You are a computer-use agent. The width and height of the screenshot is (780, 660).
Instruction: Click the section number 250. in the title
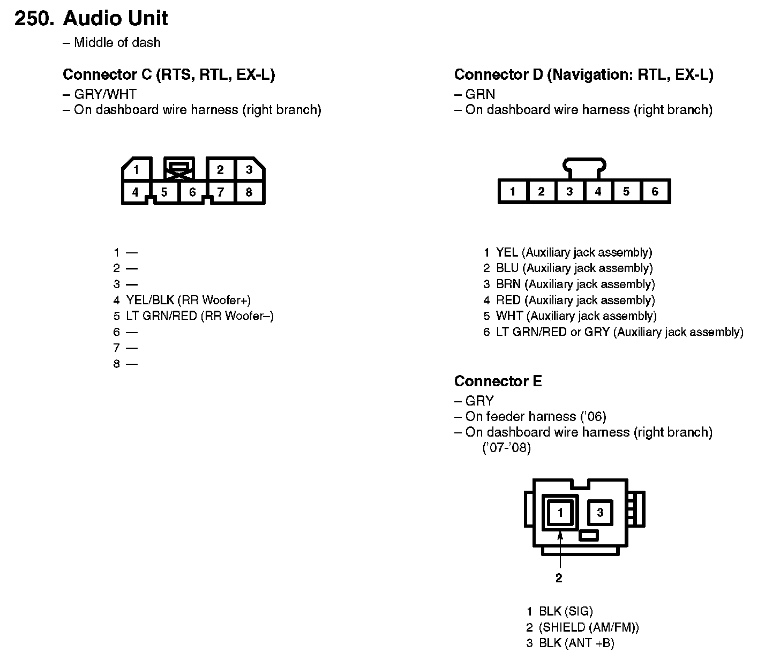34,19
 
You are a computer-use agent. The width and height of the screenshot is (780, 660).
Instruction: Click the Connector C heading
169,75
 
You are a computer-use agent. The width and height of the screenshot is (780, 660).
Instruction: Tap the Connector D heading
583,75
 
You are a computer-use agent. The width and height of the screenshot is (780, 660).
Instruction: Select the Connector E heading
498,381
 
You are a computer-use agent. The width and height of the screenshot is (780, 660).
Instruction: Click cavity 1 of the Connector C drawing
136,170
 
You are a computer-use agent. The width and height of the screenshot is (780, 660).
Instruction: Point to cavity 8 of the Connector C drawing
249,192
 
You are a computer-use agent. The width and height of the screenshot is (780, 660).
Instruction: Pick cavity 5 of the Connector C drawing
164,192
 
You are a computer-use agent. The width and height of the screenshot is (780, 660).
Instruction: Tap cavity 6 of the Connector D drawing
655,191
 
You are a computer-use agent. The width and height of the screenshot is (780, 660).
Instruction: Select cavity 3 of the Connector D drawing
569,191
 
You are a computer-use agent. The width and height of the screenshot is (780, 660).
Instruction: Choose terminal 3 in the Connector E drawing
600,513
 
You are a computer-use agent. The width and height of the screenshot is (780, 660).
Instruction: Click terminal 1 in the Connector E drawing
560,513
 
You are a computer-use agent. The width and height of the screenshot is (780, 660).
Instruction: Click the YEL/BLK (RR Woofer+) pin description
188,300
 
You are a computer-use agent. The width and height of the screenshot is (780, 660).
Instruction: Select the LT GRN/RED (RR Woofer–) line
199,316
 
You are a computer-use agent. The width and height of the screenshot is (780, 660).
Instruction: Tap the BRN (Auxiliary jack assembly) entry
575,284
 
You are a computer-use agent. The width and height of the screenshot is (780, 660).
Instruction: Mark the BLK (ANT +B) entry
576,643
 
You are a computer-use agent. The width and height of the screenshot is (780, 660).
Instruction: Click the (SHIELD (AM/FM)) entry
589,627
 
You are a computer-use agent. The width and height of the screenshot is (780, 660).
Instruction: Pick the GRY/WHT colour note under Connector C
105,95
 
